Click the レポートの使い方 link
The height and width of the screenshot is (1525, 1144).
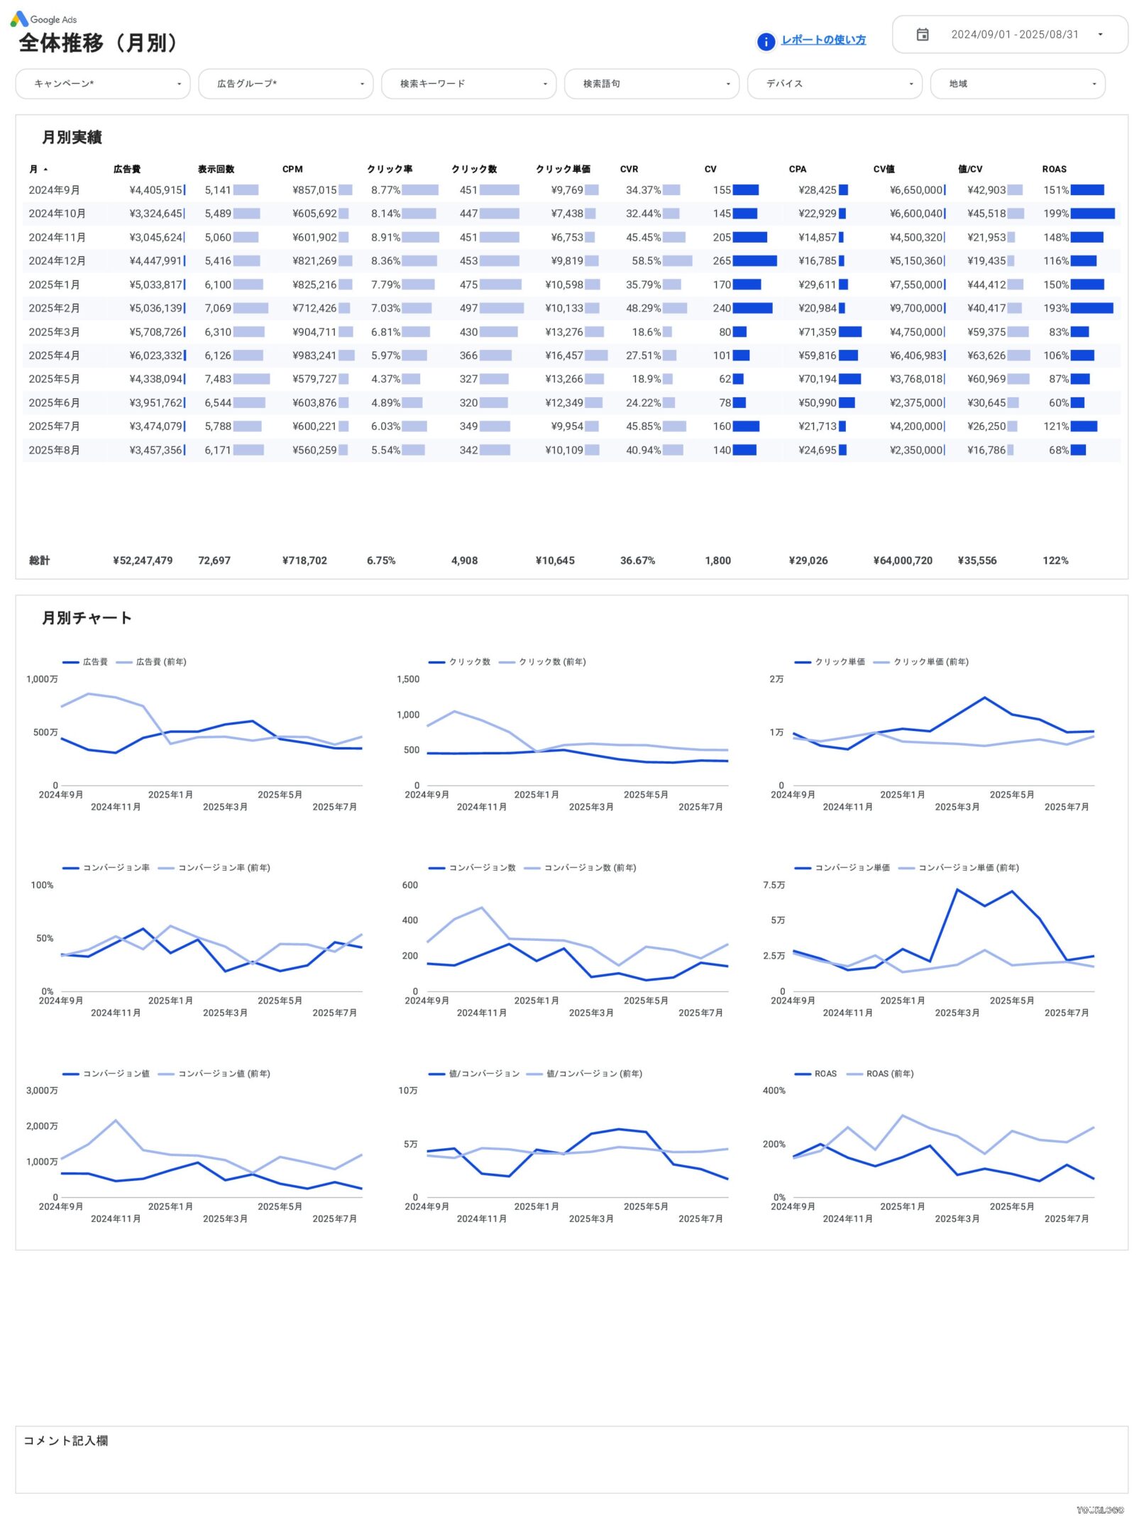click(823, 40)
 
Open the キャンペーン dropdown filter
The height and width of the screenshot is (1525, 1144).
click(103, 84)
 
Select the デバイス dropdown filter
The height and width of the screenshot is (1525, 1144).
click(834, 84)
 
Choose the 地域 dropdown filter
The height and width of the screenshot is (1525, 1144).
click(1017, 84)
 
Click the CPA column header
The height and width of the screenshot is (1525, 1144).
click(797, 170)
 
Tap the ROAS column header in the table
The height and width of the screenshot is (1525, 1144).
click(1054, 170)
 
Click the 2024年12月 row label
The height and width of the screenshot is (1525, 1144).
click(57, 261)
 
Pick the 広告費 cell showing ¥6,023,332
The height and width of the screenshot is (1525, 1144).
click(156, 356)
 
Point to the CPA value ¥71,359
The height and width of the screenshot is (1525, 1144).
click(817, 332)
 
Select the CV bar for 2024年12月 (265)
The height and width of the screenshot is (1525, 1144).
click(754, 261)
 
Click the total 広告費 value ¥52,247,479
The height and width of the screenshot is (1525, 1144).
click(143, 561)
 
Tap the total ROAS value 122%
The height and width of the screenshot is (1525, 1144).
click(1055, 561)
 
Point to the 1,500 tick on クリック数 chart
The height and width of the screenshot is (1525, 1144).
click(408, 679)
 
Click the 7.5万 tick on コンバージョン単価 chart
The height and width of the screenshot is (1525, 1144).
click(774, 885)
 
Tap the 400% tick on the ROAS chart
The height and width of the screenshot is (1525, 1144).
click(774, 1091)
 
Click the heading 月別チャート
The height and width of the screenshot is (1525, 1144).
click(87, 618)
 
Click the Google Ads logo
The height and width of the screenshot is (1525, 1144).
click(44, 19)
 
